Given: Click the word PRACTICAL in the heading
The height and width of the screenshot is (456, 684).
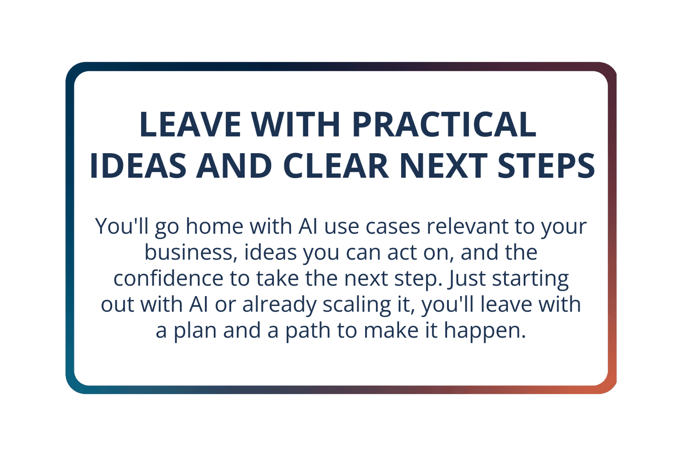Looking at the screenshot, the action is pyautogui.click(x=444, y=124).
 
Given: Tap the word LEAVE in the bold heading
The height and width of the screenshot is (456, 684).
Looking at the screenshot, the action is pyautogui.click(x=191, y=124).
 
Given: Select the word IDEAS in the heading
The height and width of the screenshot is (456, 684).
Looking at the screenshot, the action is pyautogui.click(x=138, y=165).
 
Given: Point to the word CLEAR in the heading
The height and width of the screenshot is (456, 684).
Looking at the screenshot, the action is pyautogui.click(x=336, y=165).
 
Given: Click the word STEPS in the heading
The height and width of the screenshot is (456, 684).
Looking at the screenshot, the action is pyautogui.click(x=546, y=165).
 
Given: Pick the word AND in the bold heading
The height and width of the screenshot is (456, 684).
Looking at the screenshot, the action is pyautogui.click(x=234, y=165).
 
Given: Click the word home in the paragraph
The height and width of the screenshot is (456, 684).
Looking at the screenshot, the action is pyautogui.click(x=215, y=226).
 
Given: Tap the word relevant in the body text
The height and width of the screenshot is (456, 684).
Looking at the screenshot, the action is pyautogui.click(x=468, y=226).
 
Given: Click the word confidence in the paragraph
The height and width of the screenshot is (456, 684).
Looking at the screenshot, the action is pyautogui.click(x=168, y=278).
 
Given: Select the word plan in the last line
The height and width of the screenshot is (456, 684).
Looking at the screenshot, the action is pyautogui.click(x=195, y=331).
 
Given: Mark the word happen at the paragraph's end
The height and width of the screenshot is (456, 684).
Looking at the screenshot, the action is pyautogui.click(x=485, y=331).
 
